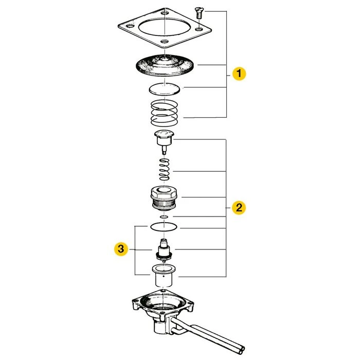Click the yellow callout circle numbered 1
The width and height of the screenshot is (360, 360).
point(239,74)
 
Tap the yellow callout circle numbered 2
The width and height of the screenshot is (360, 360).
point(239,208)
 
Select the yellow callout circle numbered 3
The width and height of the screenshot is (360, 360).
point(121,249)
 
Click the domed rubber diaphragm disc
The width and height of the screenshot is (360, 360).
point(165,65)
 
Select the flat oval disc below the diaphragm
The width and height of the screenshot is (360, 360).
point(165,89)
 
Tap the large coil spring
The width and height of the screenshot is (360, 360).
point(165,113)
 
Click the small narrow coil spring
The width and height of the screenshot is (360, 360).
point(165,169)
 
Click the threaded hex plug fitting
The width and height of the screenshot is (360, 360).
point(165,198)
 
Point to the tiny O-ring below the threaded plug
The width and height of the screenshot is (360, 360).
point(165,217)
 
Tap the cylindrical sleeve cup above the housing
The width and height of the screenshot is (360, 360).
point(164,276)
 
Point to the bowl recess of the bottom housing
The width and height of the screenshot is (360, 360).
point(163,302)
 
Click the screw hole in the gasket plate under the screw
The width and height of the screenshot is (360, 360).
point(199,29)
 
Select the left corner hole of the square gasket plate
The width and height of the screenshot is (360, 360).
point(130,26)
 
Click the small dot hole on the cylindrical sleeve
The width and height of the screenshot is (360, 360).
point(164,276)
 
